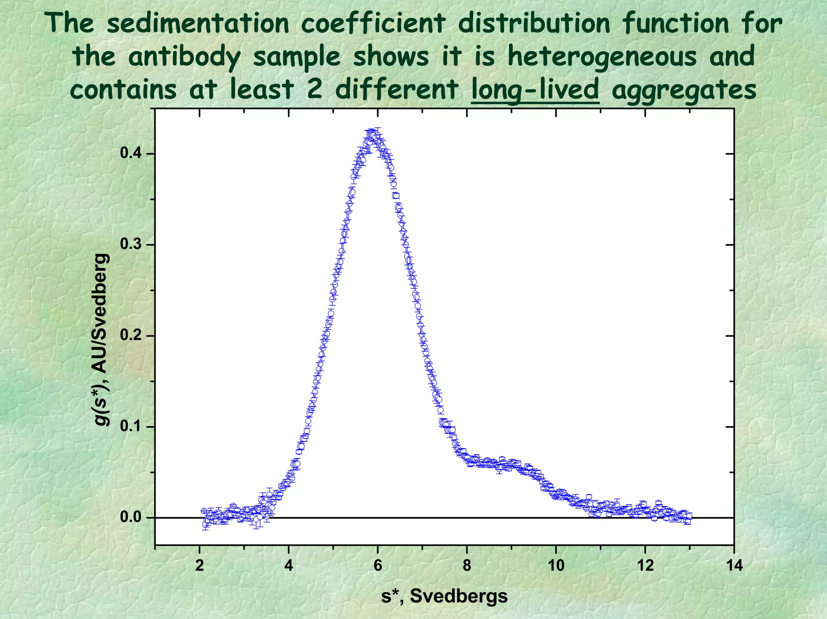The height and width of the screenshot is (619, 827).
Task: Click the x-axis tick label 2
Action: click(199, 566)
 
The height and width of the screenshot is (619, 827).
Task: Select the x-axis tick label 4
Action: click(288, 566)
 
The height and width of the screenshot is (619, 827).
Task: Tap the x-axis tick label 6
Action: click(378, 566)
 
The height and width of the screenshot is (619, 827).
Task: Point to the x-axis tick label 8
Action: click(467, 566)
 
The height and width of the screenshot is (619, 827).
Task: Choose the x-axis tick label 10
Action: click(556, 566)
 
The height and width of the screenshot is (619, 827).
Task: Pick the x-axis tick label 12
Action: click(645, 566)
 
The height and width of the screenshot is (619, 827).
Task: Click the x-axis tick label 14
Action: click(734, 566)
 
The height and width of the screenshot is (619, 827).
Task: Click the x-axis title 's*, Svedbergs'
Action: click(444, 596)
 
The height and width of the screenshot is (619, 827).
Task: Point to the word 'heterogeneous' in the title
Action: click(602, 56)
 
